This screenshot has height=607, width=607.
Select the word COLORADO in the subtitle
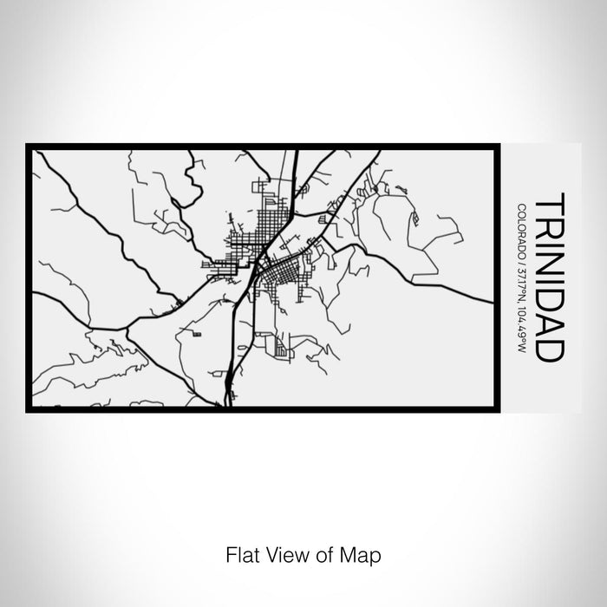[x=522, y=228]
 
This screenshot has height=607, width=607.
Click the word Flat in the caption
[x=239, y=552]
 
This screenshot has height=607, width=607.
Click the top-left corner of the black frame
[x=29, y=146]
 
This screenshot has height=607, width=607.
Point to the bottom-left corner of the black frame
[x=29, y=409]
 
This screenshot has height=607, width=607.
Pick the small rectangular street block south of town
[x=280, y=350]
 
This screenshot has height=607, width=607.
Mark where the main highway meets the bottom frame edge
[x=227, y=406]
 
